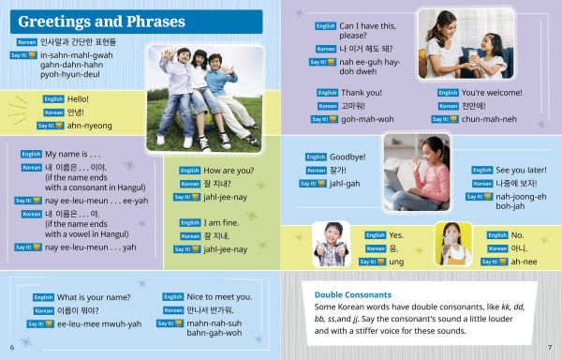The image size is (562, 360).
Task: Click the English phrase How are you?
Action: [230, 171]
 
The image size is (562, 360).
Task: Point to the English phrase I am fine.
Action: [225, 222]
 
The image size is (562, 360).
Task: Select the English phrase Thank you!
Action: [363, 93]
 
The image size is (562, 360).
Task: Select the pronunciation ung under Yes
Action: [396, 262]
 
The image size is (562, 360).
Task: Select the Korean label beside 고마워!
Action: [326, 106]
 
